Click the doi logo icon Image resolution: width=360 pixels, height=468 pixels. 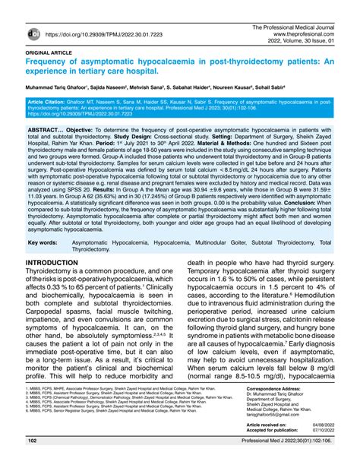[x=34, y=33]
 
